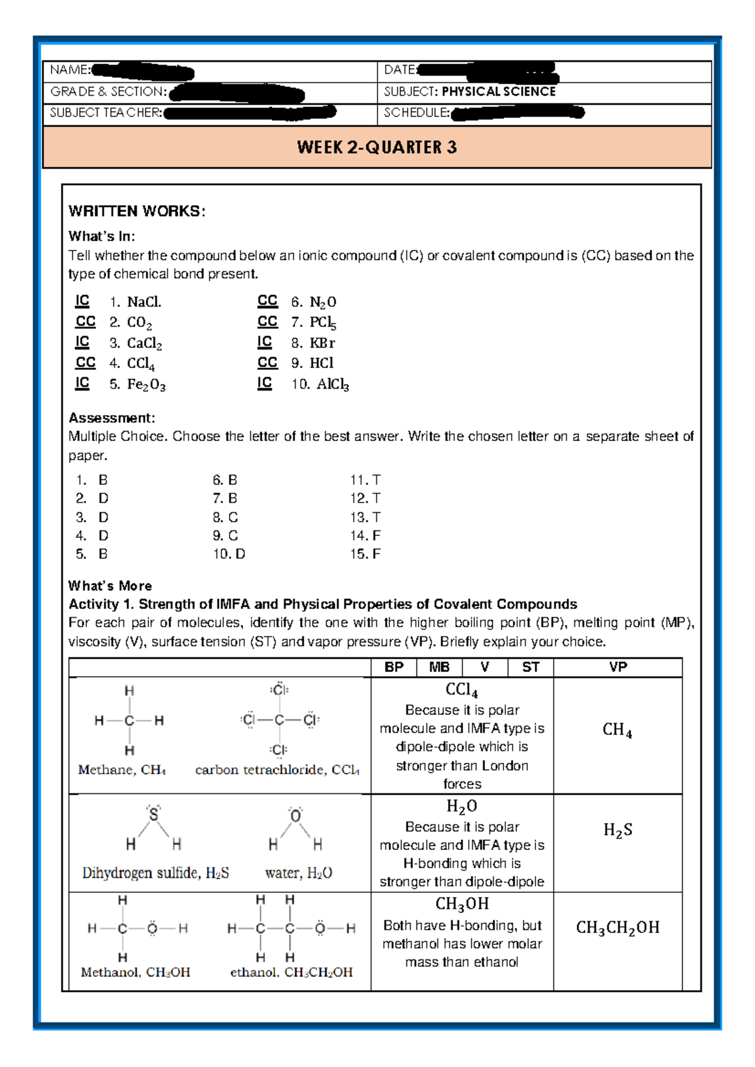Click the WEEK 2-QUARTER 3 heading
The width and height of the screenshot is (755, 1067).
(377, 147)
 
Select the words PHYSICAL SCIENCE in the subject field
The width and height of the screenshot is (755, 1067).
(498, 92)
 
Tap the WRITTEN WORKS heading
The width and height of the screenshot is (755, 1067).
(137, 211)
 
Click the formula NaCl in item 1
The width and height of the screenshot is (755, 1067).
(144, 302)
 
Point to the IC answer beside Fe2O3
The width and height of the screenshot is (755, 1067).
(82, 383)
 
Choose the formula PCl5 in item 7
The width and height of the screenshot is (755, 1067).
(323, 322)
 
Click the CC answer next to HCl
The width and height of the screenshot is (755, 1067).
(267, 363)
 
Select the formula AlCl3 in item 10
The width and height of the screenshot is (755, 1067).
(332, 384)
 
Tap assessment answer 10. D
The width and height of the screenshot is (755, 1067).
(229, 554)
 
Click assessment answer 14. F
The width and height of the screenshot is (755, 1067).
(365, 536)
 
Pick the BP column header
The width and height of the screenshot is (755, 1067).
(394, 668)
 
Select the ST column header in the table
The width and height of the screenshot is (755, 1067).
(530, 668)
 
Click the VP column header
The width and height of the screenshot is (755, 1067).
(618, 668)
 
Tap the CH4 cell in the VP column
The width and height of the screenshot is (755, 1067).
(617, 730)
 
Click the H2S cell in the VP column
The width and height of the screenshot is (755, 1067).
(617, 830)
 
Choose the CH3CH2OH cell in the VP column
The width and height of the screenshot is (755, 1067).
(617, 928)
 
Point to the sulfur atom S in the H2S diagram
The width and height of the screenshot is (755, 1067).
(154, 815)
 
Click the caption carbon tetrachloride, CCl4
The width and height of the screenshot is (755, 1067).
(277, 770)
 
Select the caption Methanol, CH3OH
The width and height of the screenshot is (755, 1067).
(135, 973)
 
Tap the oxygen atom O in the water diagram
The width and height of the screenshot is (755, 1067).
(295, 817)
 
